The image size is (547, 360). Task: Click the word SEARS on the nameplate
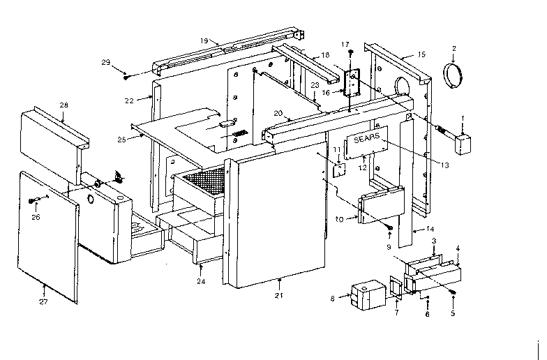click(x=367, y=139)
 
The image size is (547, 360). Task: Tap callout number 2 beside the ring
click(x=454, y=48)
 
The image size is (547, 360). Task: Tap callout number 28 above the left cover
click(x=63, y=105)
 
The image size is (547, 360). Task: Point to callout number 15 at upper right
click(x=421, y=54)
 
